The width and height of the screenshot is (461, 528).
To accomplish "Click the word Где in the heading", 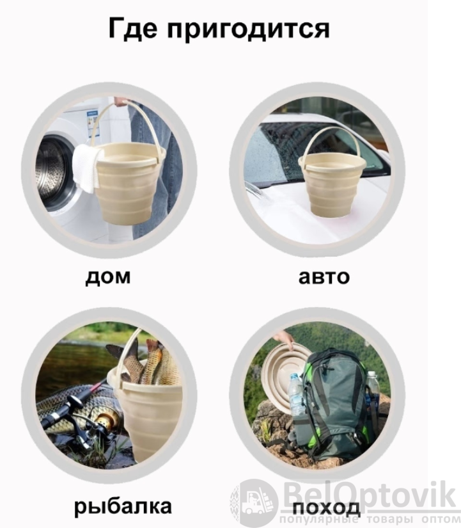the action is pyautogui.click(x=132, y=28).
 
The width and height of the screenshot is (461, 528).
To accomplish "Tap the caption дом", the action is pyautogui.click(x=107, y=276).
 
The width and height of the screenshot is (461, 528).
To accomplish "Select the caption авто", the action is pyautogui.click(x=324, y=276).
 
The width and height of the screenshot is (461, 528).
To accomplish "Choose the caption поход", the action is pyautogui.click(x=326, y=507).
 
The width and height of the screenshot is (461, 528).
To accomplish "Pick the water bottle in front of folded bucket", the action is pyautogui.click(x=296, y=395).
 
